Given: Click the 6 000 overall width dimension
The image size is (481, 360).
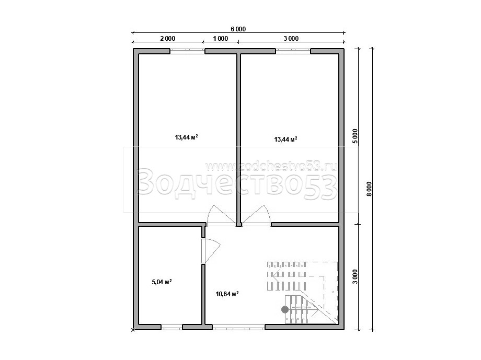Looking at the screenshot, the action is pos(238,29).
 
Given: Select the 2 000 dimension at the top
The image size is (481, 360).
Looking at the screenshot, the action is pos(167,38).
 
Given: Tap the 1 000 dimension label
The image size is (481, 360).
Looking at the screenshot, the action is pos(220,38).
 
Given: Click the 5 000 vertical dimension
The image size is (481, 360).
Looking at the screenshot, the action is pos(355,136).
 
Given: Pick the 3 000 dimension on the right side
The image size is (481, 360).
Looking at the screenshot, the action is pos(355,277).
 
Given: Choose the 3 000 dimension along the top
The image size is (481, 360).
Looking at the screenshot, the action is pos(291,38).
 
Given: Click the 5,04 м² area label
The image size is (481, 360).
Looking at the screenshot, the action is pos(162,282).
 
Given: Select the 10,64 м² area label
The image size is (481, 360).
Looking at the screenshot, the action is pos(227,294).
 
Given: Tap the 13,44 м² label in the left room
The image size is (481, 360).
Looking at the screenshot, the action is pos(186,137).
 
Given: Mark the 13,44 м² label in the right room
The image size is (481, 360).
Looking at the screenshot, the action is pos(285,140).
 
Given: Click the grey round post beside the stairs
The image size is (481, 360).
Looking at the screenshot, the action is pos(285,310).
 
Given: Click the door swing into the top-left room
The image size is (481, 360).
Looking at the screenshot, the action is pos(221,215).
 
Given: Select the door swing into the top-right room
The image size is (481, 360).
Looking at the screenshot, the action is pos(256,215).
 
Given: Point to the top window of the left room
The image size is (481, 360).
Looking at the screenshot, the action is pos(187,51).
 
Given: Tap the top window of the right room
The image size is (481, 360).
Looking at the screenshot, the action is pos(293,51).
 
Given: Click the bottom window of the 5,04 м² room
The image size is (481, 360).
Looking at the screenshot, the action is pos(172,327).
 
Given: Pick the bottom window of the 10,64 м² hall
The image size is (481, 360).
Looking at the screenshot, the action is pos(238,327).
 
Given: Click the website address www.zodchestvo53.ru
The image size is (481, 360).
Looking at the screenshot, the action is pos(271,166).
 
